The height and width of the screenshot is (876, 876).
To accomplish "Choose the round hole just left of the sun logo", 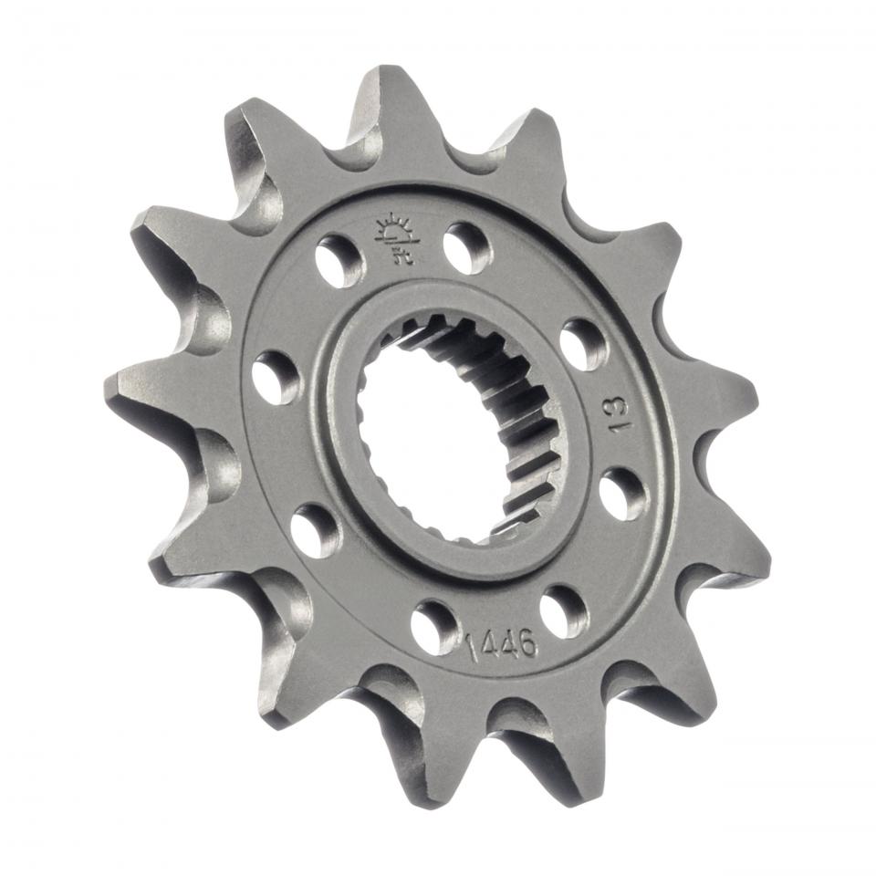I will pos(339,259).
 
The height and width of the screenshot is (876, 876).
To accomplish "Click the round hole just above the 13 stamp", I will pos(583,343).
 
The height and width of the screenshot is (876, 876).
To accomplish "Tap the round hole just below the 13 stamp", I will pos(624,493).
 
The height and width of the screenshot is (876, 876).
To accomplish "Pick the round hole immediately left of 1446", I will pos(433,626).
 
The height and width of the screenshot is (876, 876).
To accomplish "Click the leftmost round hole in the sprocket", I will pos(276,377).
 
